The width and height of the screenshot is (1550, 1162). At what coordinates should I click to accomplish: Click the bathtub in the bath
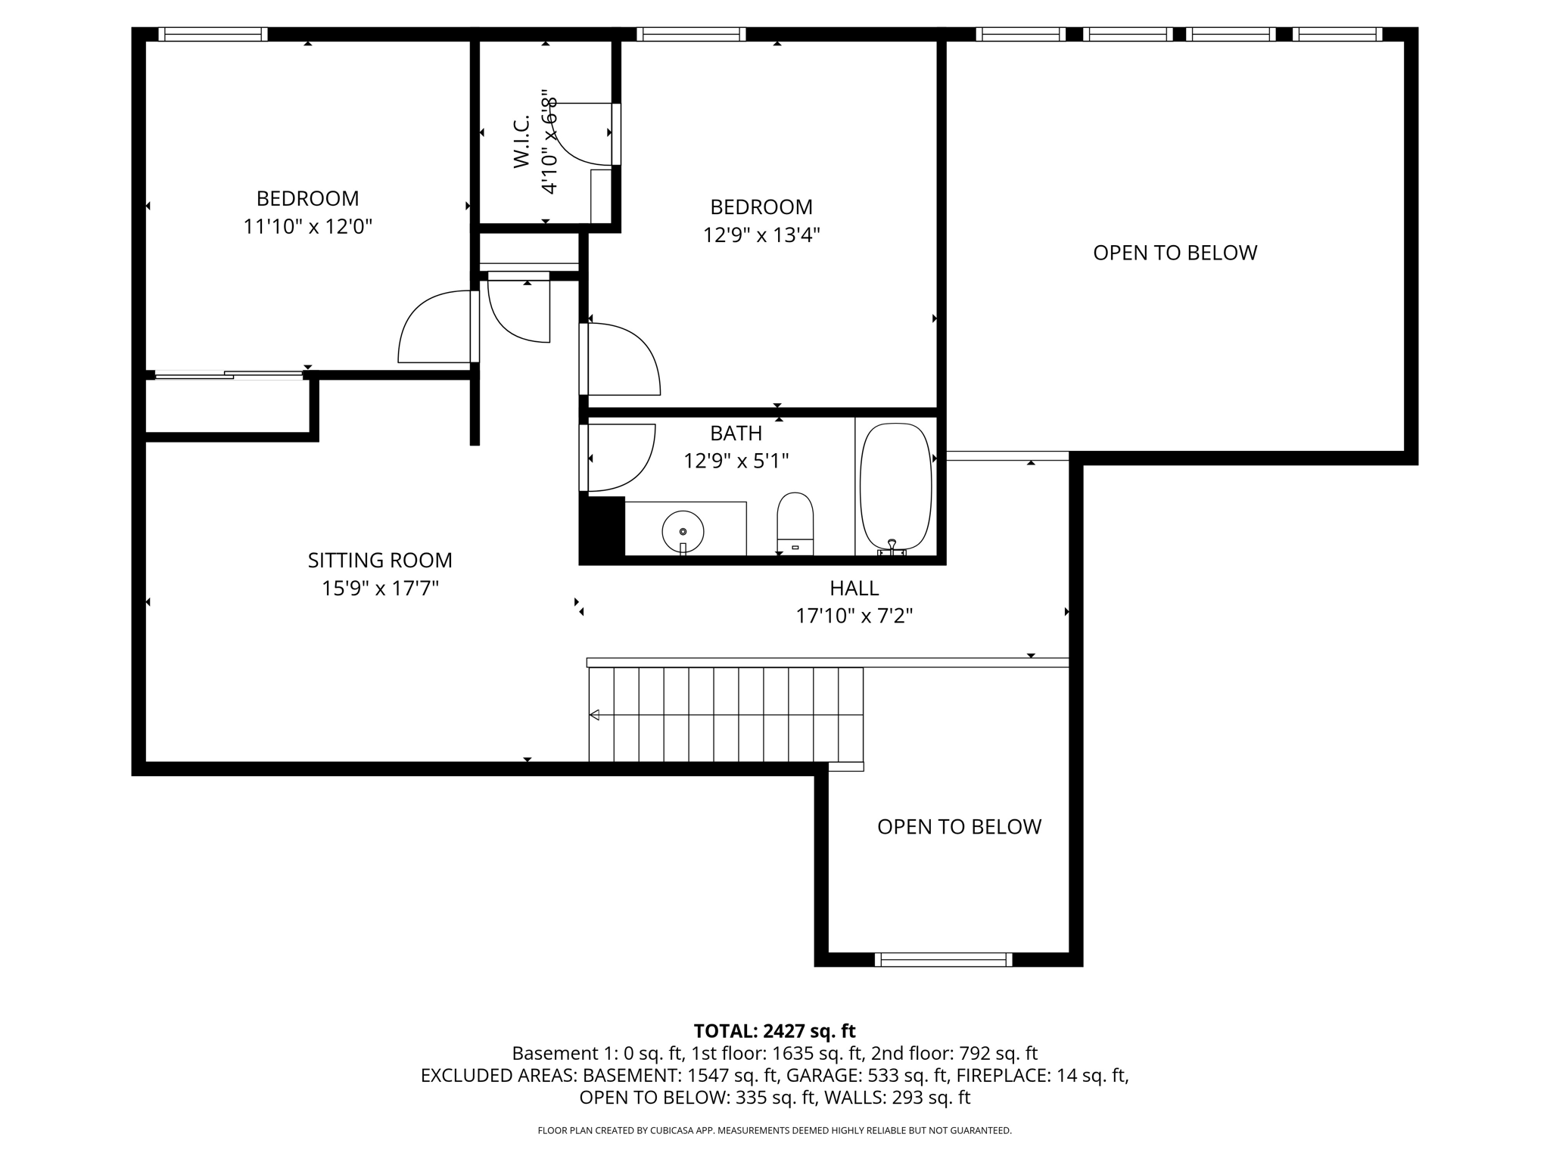(x=896, y=486)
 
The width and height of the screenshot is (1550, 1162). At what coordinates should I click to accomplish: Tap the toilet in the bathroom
(x=795, y=522)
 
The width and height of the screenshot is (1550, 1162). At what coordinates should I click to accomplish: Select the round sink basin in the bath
(x=683, y=531)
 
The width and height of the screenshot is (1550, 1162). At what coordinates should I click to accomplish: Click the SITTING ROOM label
(x=380, y=561)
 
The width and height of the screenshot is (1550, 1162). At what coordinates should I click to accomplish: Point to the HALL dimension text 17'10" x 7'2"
(x=854, y=616)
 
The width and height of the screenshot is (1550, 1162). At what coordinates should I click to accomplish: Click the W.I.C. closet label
(x=521, y=142)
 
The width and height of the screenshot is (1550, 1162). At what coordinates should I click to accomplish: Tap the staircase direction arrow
(x=595, y=715)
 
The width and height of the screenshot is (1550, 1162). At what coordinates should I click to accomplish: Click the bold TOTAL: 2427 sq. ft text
(x=774, y=1031)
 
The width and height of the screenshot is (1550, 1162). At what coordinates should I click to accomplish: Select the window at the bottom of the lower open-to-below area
(x=943, y=960)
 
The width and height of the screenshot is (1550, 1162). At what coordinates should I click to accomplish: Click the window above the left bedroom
(x=213, y=34)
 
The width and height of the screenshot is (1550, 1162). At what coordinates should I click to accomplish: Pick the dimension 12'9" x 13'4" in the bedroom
(x=761, y=235)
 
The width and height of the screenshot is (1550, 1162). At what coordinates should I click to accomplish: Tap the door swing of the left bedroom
(x=433, y=329)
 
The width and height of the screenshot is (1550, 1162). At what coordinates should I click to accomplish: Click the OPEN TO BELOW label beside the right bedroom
(x=1175, y=253)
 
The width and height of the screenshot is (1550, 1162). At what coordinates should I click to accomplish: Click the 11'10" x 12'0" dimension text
(x=307, y=227)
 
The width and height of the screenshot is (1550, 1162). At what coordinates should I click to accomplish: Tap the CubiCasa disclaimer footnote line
(x=774, y=1130)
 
